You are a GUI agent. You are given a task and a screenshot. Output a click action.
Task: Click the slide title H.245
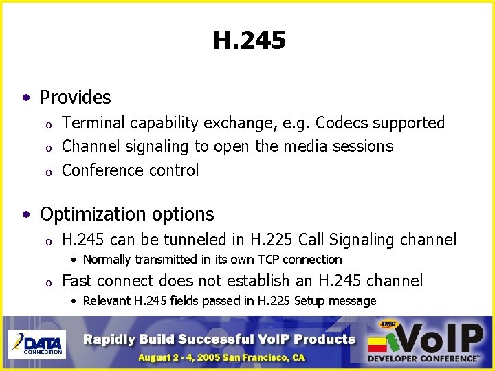pyautogui.click(x=249, y=42)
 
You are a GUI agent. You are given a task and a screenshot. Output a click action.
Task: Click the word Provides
pyautogui.click(x=75, y=98)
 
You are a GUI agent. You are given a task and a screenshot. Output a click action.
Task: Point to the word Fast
pyautogui.click(x=77, y=280)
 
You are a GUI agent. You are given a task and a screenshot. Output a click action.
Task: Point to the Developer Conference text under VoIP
pyautogui.click(x=423, y=358)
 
